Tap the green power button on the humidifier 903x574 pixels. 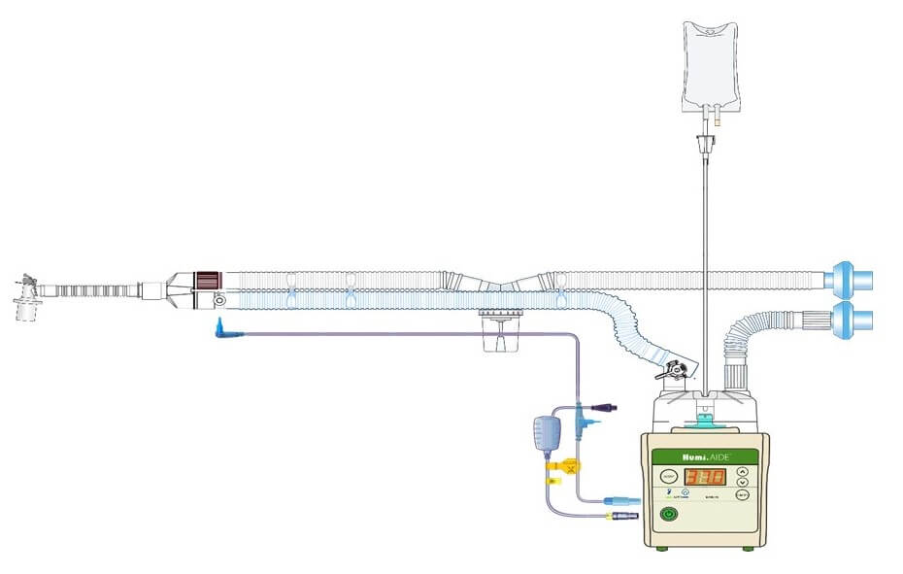coord(669,516)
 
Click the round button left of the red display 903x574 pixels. coord(669,477)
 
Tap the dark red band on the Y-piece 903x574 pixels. coord(206,280)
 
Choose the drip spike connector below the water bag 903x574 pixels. coord(705,145)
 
